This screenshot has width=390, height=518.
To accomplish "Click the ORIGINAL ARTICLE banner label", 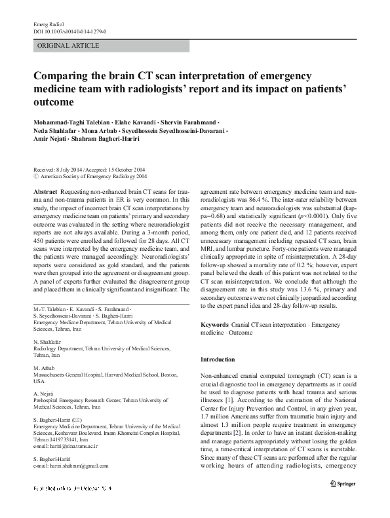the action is tap(69, 46).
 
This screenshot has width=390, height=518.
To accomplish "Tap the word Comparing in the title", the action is tap(64, 75).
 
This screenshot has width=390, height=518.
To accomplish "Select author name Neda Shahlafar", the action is tap(54, 131).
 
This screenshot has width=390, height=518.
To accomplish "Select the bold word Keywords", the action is tap(214, 324).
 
